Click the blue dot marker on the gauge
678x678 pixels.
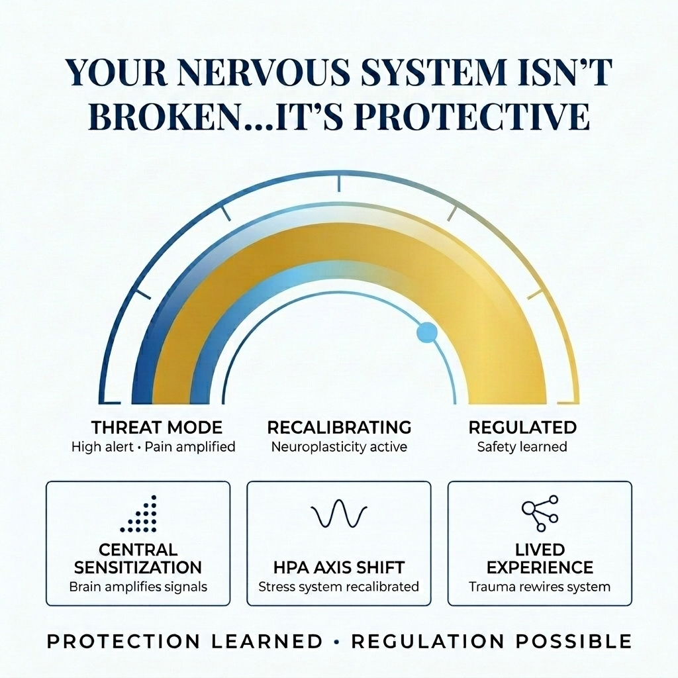427,332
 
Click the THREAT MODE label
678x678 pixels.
157,428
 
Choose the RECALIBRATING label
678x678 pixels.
340,427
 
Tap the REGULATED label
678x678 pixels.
522,427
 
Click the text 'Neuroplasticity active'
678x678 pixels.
339,447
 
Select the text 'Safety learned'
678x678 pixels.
522,447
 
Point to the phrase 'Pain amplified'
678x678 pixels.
190,447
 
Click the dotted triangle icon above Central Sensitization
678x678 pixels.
138,514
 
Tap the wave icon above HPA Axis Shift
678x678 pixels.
339,513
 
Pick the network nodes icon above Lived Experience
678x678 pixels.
540,513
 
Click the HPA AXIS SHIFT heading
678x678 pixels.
339,567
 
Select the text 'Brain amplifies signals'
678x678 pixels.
138,587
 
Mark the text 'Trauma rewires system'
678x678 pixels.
540,587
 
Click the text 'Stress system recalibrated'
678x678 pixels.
339,587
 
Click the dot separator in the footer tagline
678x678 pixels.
337,642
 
